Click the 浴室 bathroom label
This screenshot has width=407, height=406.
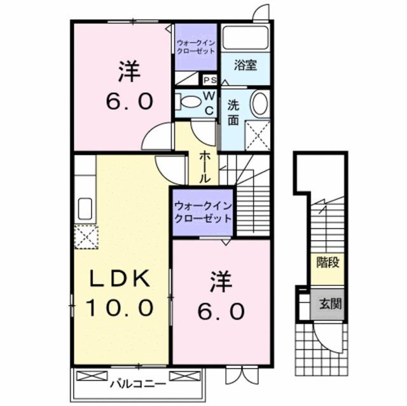245,65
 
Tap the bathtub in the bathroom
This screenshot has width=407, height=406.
245,37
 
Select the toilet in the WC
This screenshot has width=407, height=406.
189,102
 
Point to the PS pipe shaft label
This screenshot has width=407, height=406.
210,80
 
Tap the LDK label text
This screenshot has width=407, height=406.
118,279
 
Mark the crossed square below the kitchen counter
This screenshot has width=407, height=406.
85,236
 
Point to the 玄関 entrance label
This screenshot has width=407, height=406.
329,303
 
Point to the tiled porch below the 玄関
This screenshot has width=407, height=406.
321,349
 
